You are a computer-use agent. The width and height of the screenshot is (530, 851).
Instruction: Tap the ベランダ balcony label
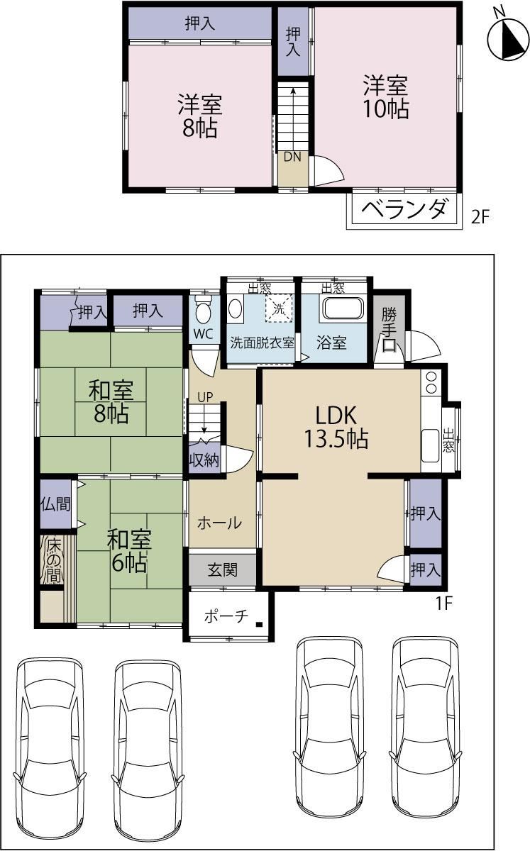pyautogui.click(x=404, y=209)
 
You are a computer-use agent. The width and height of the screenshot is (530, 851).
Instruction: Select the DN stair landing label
pyautogui.click(x=292, y=157)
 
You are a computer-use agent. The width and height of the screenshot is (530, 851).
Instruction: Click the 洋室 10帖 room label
pyautogui.click(x=386, y=97)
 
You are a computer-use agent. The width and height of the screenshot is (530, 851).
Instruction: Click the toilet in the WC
pyautogui.click(x=203, y=310)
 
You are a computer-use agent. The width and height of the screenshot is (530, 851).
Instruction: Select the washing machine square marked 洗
pyautogui.click(x=280, y=308)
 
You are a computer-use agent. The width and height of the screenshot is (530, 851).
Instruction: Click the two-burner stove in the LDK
pyautogui.click(x=431, y=383)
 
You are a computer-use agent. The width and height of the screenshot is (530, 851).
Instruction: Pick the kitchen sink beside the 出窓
pyautogui.click(x=431, y=445)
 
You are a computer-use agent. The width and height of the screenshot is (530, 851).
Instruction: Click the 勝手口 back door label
pyautogui.click(x=389, y=329)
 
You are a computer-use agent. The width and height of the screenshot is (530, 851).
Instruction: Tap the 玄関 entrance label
pyautogui.click(x=223, y=570)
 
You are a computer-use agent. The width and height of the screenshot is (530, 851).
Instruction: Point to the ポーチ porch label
pyautogui.click(x=226, y=616)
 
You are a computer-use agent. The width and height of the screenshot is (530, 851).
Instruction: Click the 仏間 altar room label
pyautogui.click(x=55, y=504)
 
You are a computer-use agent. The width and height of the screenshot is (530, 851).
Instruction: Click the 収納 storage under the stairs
pyautogui.click(x=204, y=460)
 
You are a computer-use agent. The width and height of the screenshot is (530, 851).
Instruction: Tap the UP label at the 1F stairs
pyautogui.click(x=205, y=397)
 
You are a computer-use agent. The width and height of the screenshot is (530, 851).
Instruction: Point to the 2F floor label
pyautogui.click(x=480, y=217)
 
